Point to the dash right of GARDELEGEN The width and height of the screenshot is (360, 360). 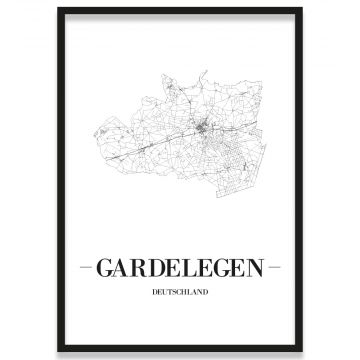274,268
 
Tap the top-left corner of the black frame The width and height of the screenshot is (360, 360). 58,9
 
